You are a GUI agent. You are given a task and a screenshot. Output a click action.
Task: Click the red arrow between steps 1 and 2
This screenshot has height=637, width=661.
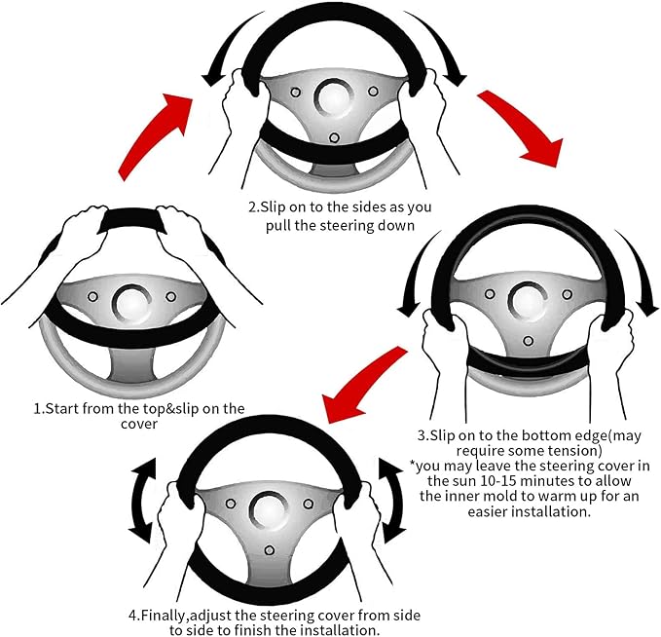pyautogui.click(x=153, y=135)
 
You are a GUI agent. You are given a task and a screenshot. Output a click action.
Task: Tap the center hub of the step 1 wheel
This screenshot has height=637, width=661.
pyautogui.click(x=131, y=302)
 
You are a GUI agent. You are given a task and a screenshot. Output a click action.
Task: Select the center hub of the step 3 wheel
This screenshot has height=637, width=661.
pyautogui.click(x=529, y=300)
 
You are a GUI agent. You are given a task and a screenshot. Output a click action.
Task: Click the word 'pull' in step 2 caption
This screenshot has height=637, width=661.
pyautogui.click(x=278, y=225)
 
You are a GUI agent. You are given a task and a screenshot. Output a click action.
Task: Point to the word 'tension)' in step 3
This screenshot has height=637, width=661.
pyautogui.click(x=574, y=451)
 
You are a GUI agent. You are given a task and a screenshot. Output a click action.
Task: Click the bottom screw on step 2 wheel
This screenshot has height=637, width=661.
pyautogui.click(x=334, y=137)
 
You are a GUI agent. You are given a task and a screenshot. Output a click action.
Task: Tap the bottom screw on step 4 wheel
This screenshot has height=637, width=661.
pyautogui.click(x=269, y=550)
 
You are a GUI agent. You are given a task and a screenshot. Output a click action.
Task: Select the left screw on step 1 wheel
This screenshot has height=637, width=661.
pyautogui.click(x=92, y=296)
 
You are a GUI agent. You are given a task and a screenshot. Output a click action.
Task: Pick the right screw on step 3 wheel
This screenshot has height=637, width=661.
pyautogui.click(x=567, y=293)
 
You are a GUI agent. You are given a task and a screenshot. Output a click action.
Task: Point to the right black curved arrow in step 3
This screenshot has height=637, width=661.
pyautogui.click(x=639, y=270)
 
